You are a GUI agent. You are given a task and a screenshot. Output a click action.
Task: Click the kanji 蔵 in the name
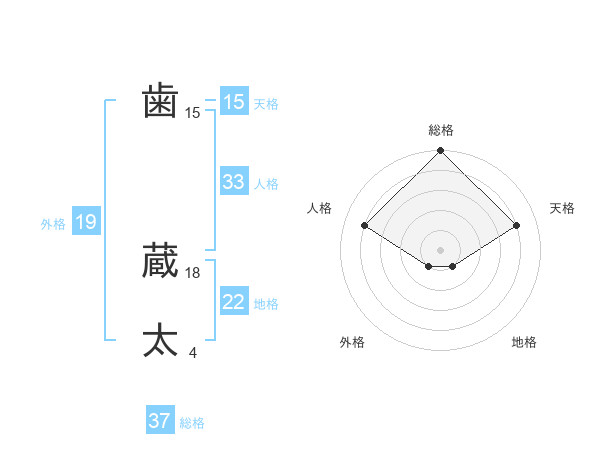coord(161,261)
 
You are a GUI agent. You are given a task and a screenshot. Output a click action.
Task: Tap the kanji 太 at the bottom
coord(161,340)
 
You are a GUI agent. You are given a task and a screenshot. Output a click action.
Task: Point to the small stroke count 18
coord(193,272)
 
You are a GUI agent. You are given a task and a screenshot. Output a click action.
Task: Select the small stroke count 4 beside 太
coord(192,352)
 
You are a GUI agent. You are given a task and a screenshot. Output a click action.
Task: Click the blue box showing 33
coord(234,182)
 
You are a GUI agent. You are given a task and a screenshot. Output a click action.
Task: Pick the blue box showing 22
coord(234,302)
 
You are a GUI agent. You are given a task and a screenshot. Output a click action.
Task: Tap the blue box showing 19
coord(86,222)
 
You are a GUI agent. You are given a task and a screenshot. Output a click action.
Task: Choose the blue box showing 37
coord(160,421)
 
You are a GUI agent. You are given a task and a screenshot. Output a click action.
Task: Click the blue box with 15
coord(234,102)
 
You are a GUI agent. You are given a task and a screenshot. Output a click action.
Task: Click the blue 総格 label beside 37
coord(192,423)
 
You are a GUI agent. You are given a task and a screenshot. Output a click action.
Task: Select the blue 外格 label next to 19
coord(53,224)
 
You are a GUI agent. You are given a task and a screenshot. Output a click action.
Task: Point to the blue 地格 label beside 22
coord(266,304)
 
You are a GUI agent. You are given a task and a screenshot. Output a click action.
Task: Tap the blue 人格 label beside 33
coord(266,184)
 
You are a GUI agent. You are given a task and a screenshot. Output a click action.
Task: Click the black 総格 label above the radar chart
coord(441,130)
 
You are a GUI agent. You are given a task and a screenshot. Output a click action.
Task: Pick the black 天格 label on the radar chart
coord(562,208)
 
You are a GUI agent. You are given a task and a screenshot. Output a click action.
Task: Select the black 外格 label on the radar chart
coord(352,342)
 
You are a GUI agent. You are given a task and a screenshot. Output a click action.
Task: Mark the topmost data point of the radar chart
coord(440,152)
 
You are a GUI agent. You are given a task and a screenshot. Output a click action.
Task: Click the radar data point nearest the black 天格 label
coord(517,226)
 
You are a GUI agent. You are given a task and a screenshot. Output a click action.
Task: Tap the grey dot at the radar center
coord(440,249)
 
